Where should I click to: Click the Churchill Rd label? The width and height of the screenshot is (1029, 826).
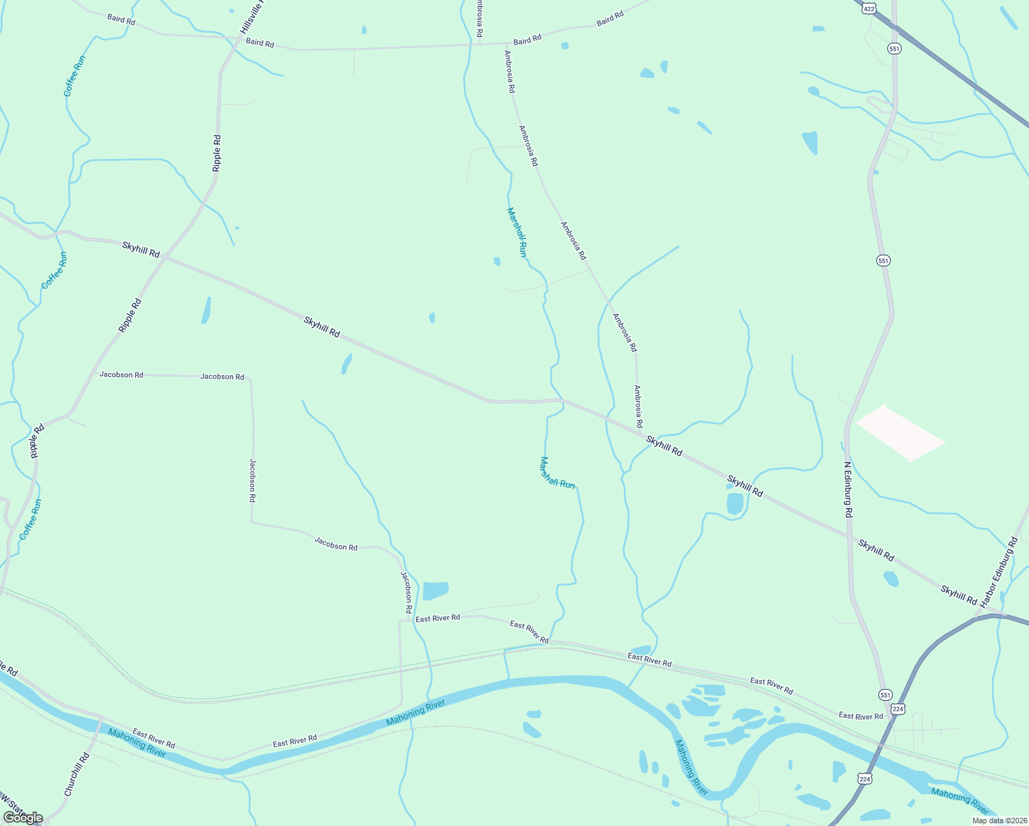tap(77, 774)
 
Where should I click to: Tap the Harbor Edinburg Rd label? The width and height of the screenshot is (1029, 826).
tap(999, 573)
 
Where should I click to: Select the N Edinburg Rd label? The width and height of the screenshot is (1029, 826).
tap(848, 489)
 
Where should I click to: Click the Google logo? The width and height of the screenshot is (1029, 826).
tap(22, 818)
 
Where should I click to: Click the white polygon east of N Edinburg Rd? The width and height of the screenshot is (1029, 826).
tap(900, 432)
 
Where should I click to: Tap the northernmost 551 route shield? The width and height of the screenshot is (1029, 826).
tap(894, 48)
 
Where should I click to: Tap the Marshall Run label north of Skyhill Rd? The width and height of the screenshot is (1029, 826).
tap(517, 232)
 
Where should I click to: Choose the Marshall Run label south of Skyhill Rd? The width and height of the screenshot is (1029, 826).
tap(557, 473)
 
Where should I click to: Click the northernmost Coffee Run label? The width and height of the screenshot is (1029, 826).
tap(74, 76)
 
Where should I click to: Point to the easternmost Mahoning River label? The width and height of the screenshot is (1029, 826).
tap(960, 799)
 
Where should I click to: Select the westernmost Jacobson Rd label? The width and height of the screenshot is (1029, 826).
tap(121, 374)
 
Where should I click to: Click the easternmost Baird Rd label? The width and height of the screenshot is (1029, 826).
tap(609, 18)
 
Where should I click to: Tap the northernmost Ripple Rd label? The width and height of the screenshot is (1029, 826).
tap(217, 153)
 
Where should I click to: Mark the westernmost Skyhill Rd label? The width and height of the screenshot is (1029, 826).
tap(141, 249)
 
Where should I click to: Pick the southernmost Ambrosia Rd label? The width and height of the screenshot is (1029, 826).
tap(638, 406)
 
